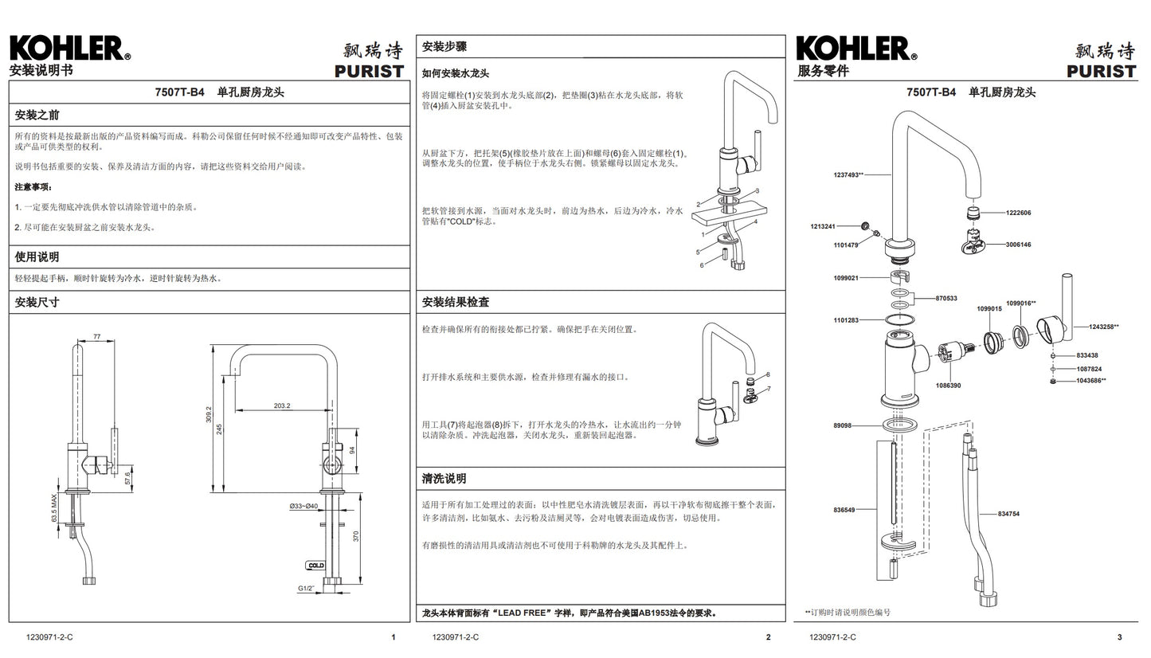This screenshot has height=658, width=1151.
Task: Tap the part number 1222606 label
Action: click(1018, 213)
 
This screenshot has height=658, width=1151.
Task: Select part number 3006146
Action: click(1018, 245)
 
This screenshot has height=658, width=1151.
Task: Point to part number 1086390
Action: click(948, 386)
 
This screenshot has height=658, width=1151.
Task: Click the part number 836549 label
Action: click(844, 510)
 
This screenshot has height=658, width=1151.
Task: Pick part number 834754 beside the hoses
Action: click(1008, 514)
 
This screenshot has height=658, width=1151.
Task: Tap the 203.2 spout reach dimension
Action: click(282, 405)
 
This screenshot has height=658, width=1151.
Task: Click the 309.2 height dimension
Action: click(209, 414)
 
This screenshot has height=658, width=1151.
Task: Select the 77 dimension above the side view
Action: click(97, 337)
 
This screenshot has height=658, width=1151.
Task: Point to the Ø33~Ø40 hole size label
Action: click(303, 507)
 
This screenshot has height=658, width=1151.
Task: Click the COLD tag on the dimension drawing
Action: click(315, 566)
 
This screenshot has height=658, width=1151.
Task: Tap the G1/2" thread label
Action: click(306, 588)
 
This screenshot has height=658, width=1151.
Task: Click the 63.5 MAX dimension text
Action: click(54, 508)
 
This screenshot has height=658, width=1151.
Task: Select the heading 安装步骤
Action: click(444, 47)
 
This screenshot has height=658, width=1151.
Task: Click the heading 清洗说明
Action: click(444, 479)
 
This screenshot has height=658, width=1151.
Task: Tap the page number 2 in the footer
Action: click(768, 637)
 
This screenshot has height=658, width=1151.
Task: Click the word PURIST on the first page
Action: click(370, 72)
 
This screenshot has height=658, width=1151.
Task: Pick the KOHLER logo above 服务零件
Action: click(856, 49)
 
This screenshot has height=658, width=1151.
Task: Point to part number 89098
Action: click(842, 425)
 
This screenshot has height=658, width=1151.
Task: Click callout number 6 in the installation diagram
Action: click(702, 265)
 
